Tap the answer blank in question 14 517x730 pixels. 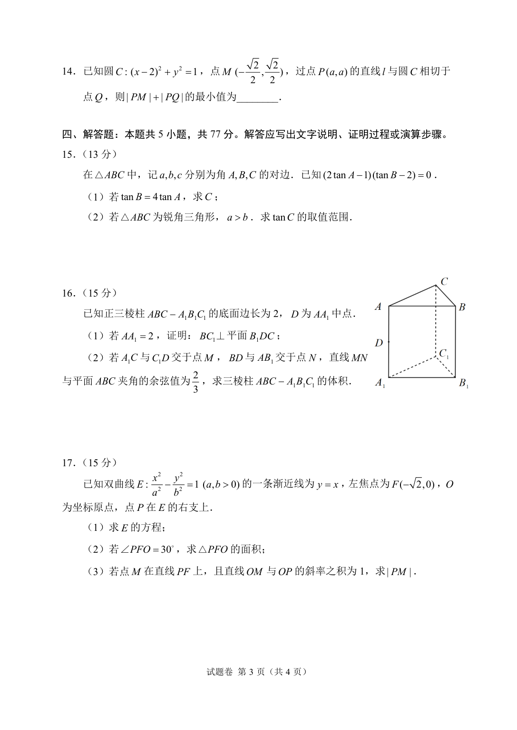[257, 98]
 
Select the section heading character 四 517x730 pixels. [67, 135]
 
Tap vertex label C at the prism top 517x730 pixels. [444, 281]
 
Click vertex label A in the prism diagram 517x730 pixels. [378, 307]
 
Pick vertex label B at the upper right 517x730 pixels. [462, 307]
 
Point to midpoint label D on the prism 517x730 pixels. [379, 343]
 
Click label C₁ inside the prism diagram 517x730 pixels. [444, 353]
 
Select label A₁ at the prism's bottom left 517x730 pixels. [380, 383]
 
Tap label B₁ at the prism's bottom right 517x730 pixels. [463, 383]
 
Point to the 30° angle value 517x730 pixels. [167, 550]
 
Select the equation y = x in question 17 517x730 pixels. [328, 485]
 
